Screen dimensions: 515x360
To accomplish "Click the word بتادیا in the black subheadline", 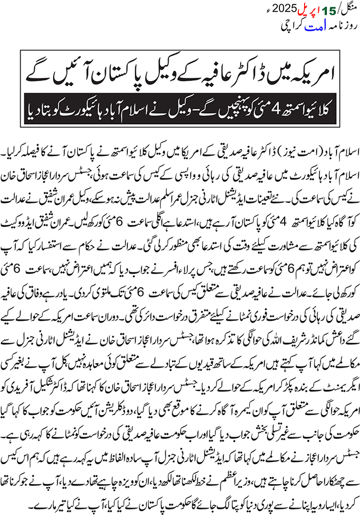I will click(35, 106).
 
